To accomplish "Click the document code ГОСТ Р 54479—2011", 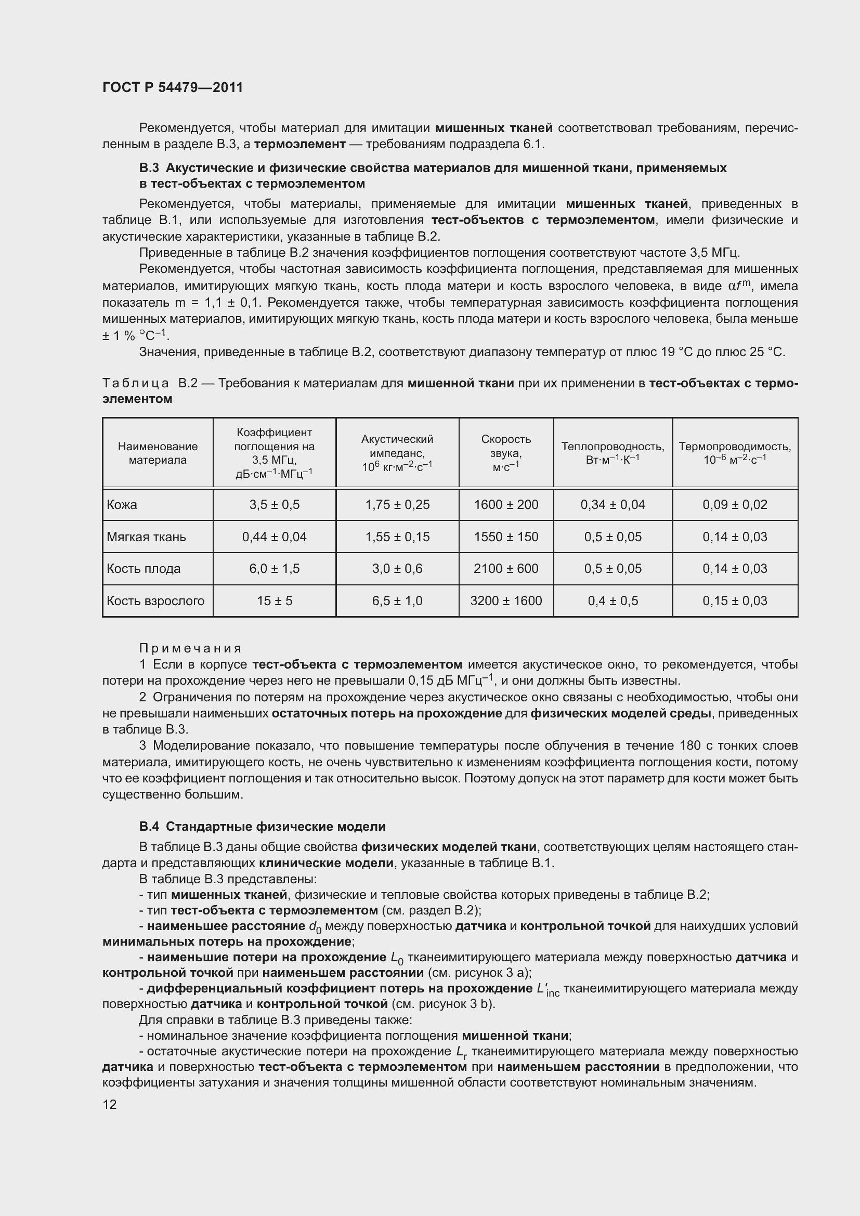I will coord(173,88).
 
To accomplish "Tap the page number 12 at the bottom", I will coord(110,1104).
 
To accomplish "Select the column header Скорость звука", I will coord(506,452).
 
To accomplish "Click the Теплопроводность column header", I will coord(613,452).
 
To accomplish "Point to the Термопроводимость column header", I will coord(735,452).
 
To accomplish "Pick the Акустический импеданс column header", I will coord(397,452).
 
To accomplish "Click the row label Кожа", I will coord(122,504).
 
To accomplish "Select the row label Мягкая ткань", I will coord(146,537).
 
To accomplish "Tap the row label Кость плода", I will coord(144,568).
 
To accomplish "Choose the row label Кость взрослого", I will coord(155,600).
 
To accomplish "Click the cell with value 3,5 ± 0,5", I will coord(275,504).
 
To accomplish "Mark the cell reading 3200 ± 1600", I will coord(506,600).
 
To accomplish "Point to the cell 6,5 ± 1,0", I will coord(397,600).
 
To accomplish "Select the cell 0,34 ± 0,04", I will coord(613,504).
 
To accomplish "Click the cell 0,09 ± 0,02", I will coord(735,504).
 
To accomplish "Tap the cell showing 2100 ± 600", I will coord(506,568).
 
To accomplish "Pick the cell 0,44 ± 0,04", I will coord(275,537).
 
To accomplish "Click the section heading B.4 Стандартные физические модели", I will coord(262,827).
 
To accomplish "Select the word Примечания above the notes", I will coord(190,648).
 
